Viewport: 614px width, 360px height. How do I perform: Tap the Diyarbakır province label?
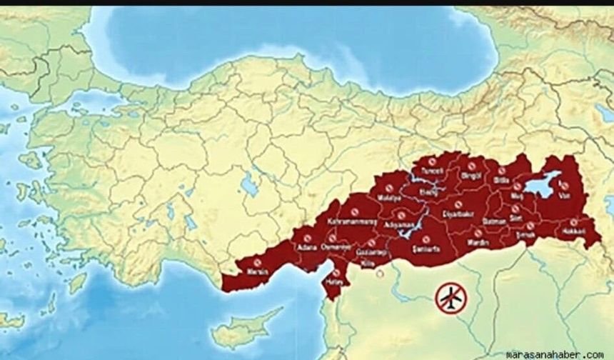click(x=457, y=214)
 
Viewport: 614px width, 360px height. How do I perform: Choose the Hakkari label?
click(x=573, y=232)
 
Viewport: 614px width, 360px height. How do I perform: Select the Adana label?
click(x=307, y=247)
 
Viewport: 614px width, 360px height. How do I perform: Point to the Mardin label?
click(x=478, y=243)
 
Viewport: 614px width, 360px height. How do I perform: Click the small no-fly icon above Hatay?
click(x=335, y=272)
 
